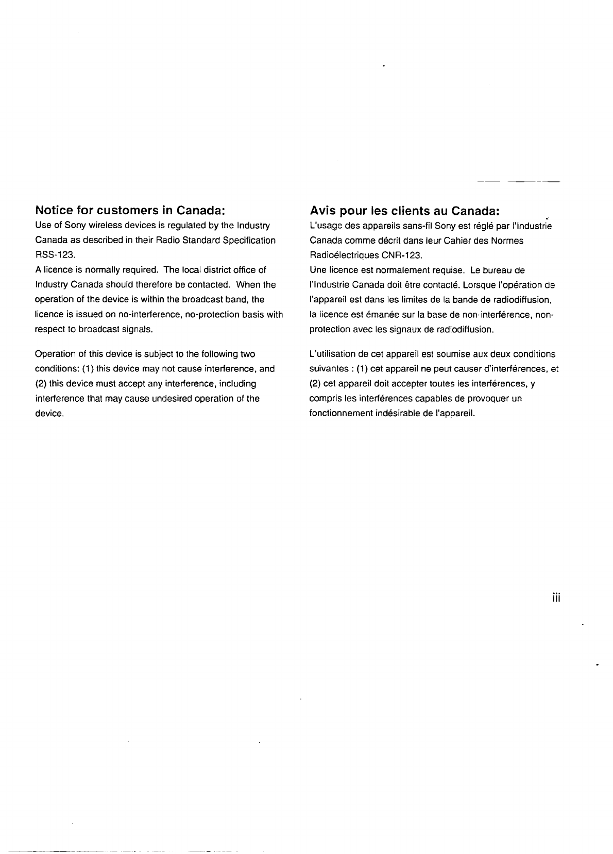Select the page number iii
[555, 598]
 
